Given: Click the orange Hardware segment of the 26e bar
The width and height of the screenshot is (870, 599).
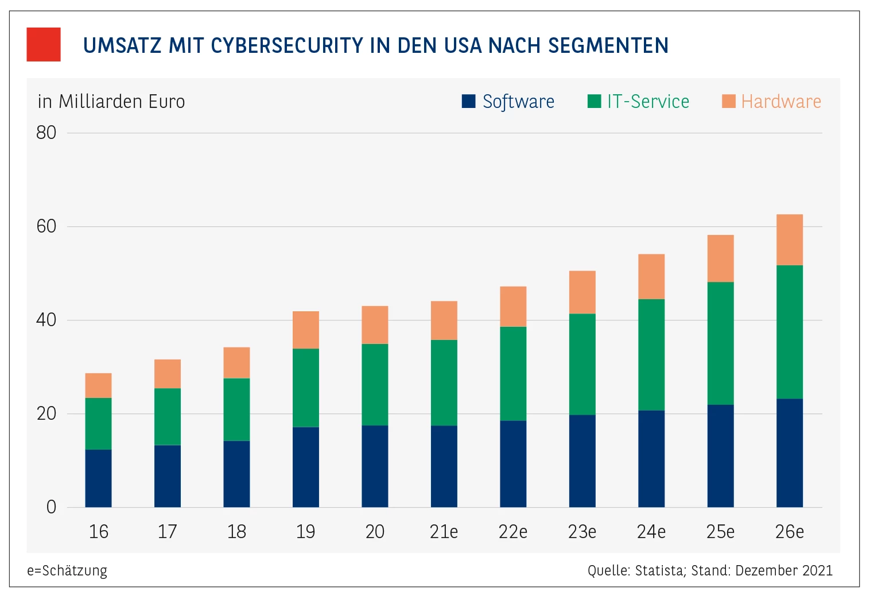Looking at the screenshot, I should coord(789,239).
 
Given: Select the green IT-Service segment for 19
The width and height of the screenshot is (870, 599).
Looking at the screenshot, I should coord(306,388).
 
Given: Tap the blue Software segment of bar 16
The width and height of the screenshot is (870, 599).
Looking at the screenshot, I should coord(98,478).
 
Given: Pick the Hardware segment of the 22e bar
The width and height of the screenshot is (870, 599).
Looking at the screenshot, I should coord(513,306).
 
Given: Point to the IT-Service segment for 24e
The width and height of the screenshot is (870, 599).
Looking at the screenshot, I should coord(651,354).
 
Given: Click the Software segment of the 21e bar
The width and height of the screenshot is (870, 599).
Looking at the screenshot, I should coord(444,466).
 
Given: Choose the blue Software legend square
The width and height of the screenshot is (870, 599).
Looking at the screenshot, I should coord(469,101).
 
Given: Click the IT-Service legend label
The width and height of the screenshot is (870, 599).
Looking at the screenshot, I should coord(648,102).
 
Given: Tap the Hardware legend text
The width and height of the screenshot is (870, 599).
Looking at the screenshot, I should coord(781,102).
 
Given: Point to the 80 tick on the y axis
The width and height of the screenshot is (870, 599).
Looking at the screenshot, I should coord(46,133).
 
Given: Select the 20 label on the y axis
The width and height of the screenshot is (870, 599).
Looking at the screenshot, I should coord(46,413).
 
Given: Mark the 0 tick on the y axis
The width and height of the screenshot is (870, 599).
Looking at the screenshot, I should coord(51,507).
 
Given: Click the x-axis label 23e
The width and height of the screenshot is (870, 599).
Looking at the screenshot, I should coord(582,532).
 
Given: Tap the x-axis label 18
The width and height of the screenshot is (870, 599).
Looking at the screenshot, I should coord(236,532).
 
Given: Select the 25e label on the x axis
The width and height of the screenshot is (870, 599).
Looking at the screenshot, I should coord(720,532).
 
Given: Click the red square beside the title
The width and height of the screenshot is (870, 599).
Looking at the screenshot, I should coord(44,44).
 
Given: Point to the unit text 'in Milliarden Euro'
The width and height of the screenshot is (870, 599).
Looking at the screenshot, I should coord(111,102).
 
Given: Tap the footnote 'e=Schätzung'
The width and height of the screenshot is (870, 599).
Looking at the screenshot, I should coord(67,571).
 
